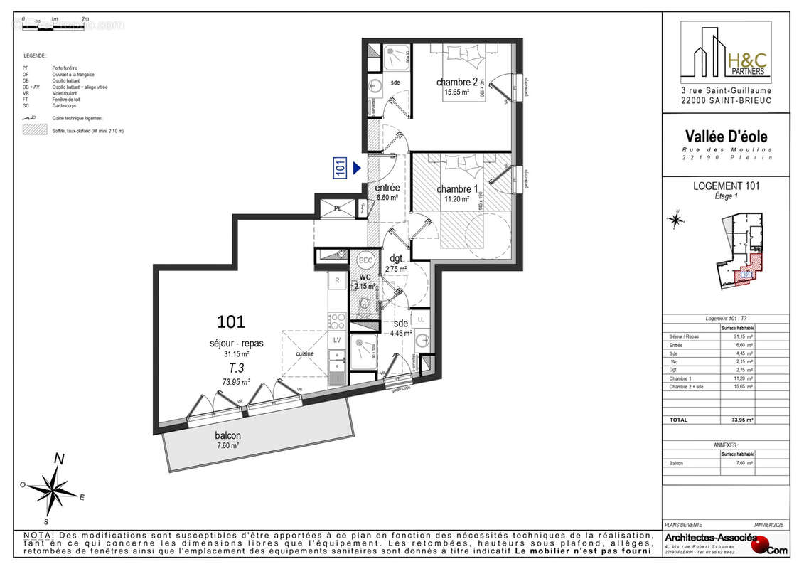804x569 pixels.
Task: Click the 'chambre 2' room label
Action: (457, 82)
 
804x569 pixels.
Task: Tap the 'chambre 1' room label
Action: (457, 189)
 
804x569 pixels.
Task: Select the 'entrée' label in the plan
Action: (387, 188)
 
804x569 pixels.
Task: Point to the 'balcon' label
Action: (227, 435)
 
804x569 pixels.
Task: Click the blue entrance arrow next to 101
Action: (358, 168)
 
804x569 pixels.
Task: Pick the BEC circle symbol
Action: (365, 260)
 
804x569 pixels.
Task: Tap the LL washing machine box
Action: (421, 321)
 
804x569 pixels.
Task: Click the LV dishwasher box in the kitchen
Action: (338, 340)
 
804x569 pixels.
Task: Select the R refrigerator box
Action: (337, 282)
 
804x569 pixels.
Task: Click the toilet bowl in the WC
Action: (365, 305)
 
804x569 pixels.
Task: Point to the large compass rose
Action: (54, 488)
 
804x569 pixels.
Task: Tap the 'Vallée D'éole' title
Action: (726, 137)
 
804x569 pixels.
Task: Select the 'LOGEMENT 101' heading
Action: (726, 186)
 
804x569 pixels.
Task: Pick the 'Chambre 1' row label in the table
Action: (680, 378)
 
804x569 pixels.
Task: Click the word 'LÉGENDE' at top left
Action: (34, 55)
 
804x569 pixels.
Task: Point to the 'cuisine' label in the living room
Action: (305, 353)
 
